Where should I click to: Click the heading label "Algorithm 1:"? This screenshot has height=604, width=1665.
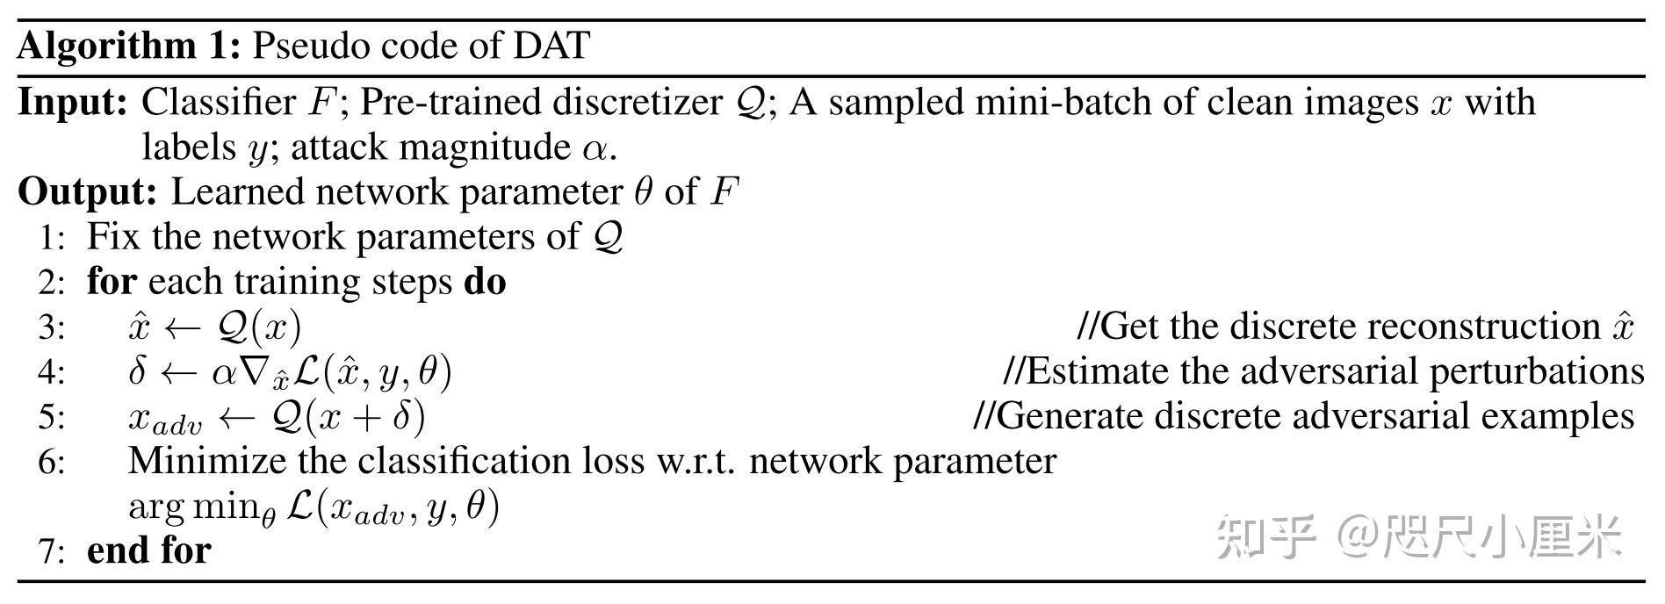128,46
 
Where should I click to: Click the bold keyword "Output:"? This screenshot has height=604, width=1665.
87,192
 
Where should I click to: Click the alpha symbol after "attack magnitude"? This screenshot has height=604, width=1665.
594,148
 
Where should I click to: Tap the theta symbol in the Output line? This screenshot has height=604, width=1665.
644,191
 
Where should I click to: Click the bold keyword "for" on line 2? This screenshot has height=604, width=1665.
112,282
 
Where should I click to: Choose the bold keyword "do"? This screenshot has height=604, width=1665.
485,282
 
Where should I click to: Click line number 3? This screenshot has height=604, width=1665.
51,327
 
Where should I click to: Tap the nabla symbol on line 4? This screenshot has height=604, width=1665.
254,371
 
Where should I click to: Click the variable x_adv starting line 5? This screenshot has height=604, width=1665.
164,419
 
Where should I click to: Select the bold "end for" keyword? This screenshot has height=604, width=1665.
149,550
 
